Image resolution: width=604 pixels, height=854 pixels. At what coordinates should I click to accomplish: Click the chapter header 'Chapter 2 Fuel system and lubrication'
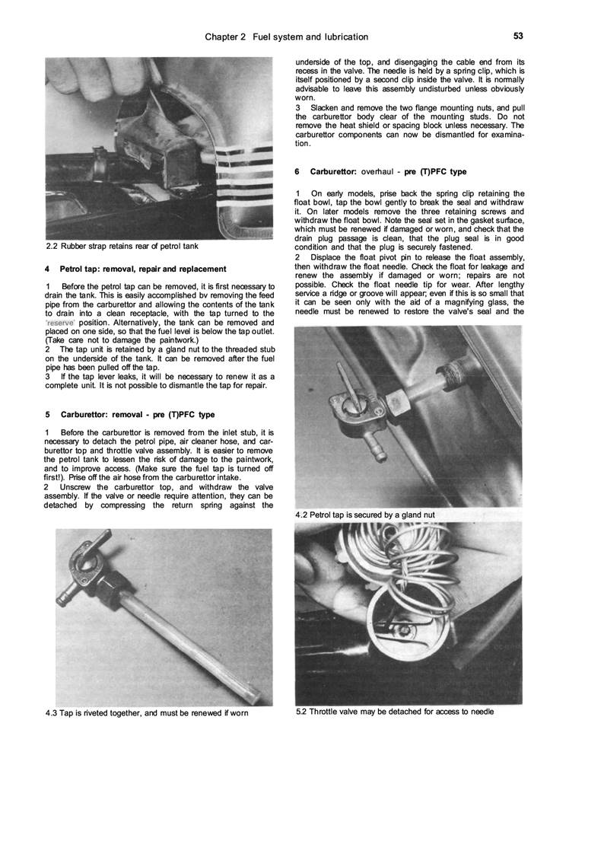coord(287,37)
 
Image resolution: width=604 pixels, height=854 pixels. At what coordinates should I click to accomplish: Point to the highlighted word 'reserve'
coord(60,323)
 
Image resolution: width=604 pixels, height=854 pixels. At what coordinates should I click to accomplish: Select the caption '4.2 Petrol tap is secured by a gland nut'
coord(364,515)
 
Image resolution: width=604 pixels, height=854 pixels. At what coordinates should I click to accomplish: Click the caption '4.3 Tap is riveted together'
coord(147,713)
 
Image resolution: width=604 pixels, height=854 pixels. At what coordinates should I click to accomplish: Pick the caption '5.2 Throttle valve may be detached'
coord(394,712)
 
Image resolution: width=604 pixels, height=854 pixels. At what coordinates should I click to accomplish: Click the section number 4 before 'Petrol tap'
coord(48,269)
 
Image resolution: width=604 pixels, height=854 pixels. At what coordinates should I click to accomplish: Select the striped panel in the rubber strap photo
coord(241,179)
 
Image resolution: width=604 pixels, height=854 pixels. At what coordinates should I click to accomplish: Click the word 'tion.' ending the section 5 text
coord(303,144)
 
